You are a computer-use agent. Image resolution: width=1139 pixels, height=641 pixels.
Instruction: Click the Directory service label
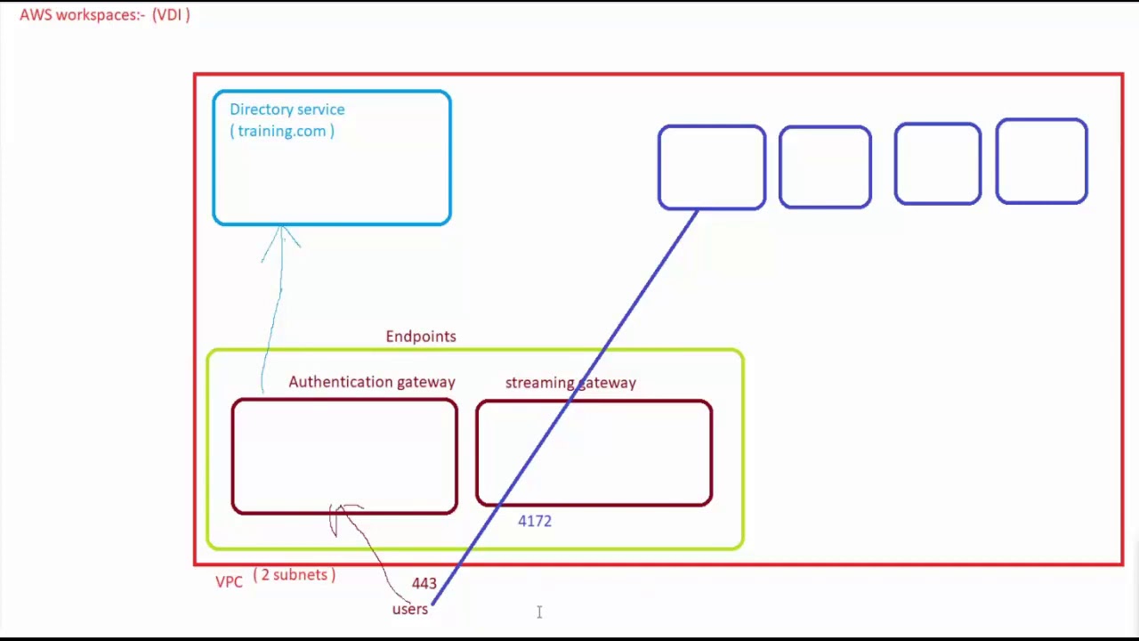(287, 110)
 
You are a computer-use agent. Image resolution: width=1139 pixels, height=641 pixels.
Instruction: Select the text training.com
(282, 131)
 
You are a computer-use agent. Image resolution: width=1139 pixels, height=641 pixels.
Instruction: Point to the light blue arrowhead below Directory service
(281, 235)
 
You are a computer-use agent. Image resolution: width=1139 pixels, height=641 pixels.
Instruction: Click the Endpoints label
(421, 337)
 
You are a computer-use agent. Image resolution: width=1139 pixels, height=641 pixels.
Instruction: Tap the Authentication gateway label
(371, 382)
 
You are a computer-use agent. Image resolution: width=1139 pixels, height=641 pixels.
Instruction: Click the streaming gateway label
(570, 383)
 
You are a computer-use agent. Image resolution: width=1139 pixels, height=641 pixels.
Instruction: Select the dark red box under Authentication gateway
(344, 456)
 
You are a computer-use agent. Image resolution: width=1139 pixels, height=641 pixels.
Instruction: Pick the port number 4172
(535, 522)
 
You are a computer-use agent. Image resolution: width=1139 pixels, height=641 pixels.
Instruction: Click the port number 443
(424, 583)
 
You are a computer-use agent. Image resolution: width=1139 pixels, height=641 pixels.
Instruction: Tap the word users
(410, 609)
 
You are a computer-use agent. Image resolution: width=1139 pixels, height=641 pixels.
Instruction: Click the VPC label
(229, 581)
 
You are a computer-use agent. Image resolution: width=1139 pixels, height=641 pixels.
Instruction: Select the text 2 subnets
(295, 575)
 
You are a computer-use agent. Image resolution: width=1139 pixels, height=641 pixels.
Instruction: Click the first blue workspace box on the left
(712, 167)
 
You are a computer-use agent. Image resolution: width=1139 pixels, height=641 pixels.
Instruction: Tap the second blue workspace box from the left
(825, 167)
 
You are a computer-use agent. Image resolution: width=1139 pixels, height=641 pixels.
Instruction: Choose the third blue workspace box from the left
(938, 165)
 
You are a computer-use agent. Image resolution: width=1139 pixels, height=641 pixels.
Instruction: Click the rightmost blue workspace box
(1041, 161)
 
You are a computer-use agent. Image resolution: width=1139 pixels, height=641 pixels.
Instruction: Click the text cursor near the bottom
(539, 612)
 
